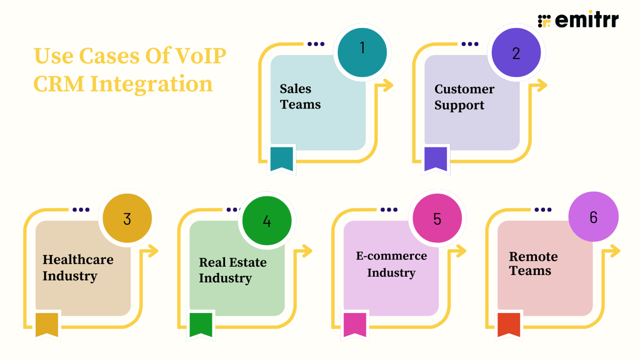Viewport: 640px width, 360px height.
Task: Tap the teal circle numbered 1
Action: (362, 52)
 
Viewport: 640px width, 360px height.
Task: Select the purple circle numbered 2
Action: (516, 52)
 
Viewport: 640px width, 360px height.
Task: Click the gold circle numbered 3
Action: (127, 218)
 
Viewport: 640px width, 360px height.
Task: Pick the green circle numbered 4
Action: (267, 220)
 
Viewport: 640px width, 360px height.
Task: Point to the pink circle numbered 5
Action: (437, 218)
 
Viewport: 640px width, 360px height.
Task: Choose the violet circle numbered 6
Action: (593, 217)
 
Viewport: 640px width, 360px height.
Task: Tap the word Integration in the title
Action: (151, 84)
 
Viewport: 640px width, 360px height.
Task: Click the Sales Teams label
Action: (300, 97)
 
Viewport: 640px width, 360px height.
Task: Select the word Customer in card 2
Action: (464, 89)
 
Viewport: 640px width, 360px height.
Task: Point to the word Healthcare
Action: (78, 260)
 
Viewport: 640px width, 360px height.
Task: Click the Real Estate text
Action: (232, 262)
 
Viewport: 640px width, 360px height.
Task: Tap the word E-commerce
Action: (391, 256)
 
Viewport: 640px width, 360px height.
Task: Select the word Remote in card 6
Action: (533, 257)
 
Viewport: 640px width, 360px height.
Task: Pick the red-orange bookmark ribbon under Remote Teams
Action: (509, 324)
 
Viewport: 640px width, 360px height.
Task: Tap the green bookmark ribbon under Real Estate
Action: (201, 324)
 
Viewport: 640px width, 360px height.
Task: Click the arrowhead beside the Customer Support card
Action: (541, 85)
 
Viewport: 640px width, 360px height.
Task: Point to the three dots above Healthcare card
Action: (81, 210)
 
